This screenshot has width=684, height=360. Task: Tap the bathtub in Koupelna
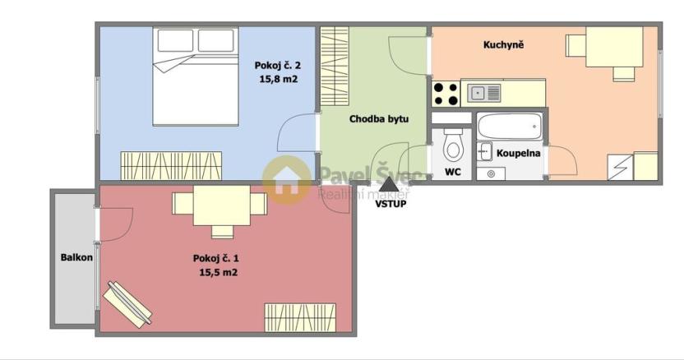(510, 127)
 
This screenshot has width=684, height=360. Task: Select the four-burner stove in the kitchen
(446, 94)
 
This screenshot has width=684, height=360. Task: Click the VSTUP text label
(390, 204)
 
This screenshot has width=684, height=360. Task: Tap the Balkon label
(76, 257)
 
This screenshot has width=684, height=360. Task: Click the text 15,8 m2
(277, 79)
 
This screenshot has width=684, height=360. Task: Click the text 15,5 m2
(218, 272)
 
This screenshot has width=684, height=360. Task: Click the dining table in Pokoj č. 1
(219, 209)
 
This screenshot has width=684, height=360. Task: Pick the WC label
(452, 173)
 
